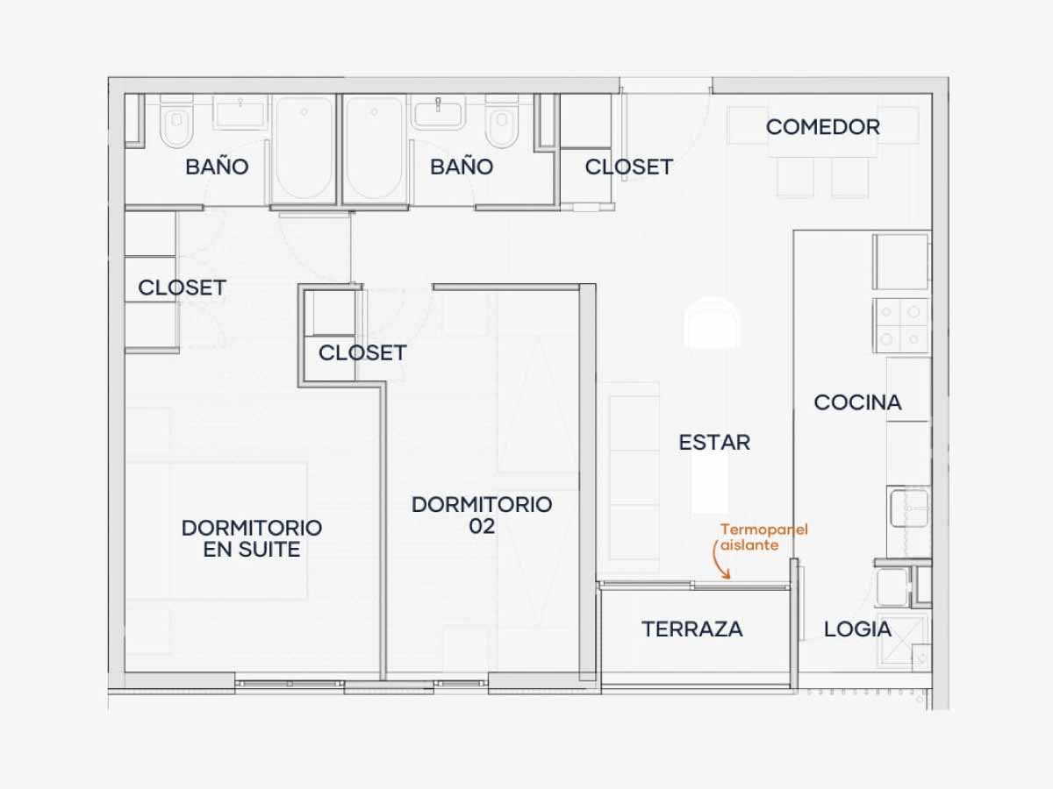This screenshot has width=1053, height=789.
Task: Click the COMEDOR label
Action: pyautogui.click(x=823, y=127)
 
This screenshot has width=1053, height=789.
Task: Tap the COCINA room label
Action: pyautogui.click(x=857, y=402)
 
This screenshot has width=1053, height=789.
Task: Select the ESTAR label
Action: pyautogui.click(x=714, y=442)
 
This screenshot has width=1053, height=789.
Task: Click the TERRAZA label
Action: pyautogui.click(x=692, y=629)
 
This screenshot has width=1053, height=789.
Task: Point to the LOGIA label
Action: pyautogui.click(x=857, y=629)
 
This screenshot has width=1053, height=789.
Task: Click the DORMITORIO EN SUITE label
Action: pyautogui.click(x=252, y=538)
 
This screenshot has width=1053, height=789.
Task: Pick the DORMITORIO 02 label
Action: pyautogui.click(x=482, y=515)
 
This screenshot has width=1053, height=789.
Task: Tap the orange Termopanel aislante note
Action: pyautogui.click(x=764, y=537)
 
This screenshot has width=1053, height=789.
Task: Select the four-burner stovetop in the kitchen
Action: pyautogui.click(x=901, y=326)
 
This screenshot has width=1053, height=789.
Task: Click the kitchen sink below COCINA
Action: pyautogui.click(x=910, y=508)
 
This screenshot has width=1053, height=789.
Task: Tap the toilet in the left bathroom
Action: pyautogui.click(x=176, y=122)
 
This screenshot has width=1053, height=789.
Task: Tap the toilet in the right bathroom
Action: pyautogui.click(x=502, y=122)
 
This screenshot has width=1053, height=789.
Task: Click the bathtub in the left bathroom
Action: pyautogui.click(x=304, y=149)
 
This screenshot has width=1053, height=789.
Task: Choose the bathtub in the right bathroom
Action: pyautogui.click(x=374, y=149)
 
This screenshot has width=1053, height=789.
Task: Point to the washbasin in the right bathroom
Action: pyautogui.click(x=438, y=112)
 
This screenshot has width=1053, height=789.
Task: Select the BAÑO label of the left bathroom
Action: pyautogui.click(x=217, y=167)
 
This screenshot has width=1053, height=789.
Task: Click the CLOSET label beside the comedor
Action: pyautogui.click(x=629, y=167)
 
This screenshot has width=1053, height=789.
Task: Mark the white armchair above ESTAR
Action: pyautogui.click(x=713, y=323)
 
